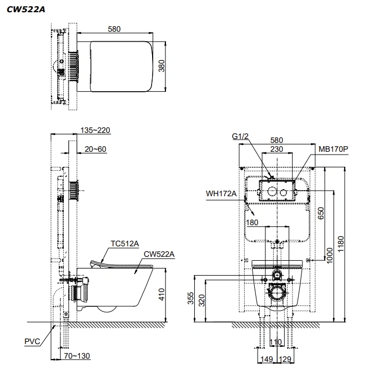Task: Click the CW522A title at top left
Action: click(26, 9)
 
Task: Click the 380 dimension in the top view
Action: click(162, 66)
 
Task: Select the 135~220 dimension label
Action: click(95, 130)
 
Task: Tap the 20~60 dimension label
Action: click(95, 149)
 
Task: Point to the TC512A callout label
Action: click(125, 243)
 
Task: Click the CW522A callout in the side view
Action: click(159, 255)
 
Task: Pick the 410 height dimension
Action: click(162, 294)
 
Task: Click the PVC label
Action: click(32, 341)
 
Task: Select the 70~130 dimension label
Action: click(77, 356)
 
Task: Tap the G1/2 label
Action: click(240, 136)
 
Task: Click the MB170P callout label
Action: click(333, 149)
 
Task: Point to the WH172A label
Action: click(221, 193)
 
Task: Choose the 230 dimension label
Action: click(276, 149)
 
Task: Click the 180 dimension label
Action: click(252, 222)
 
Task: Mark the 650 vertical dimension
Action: click(321, 213)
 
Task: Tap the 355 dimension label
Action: click(190, 298)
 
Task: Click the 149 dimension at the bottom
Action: click(267, 359)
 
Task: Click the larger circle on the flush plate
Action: click(272, 192)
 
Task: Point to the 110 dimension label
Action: click(276, 342)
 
